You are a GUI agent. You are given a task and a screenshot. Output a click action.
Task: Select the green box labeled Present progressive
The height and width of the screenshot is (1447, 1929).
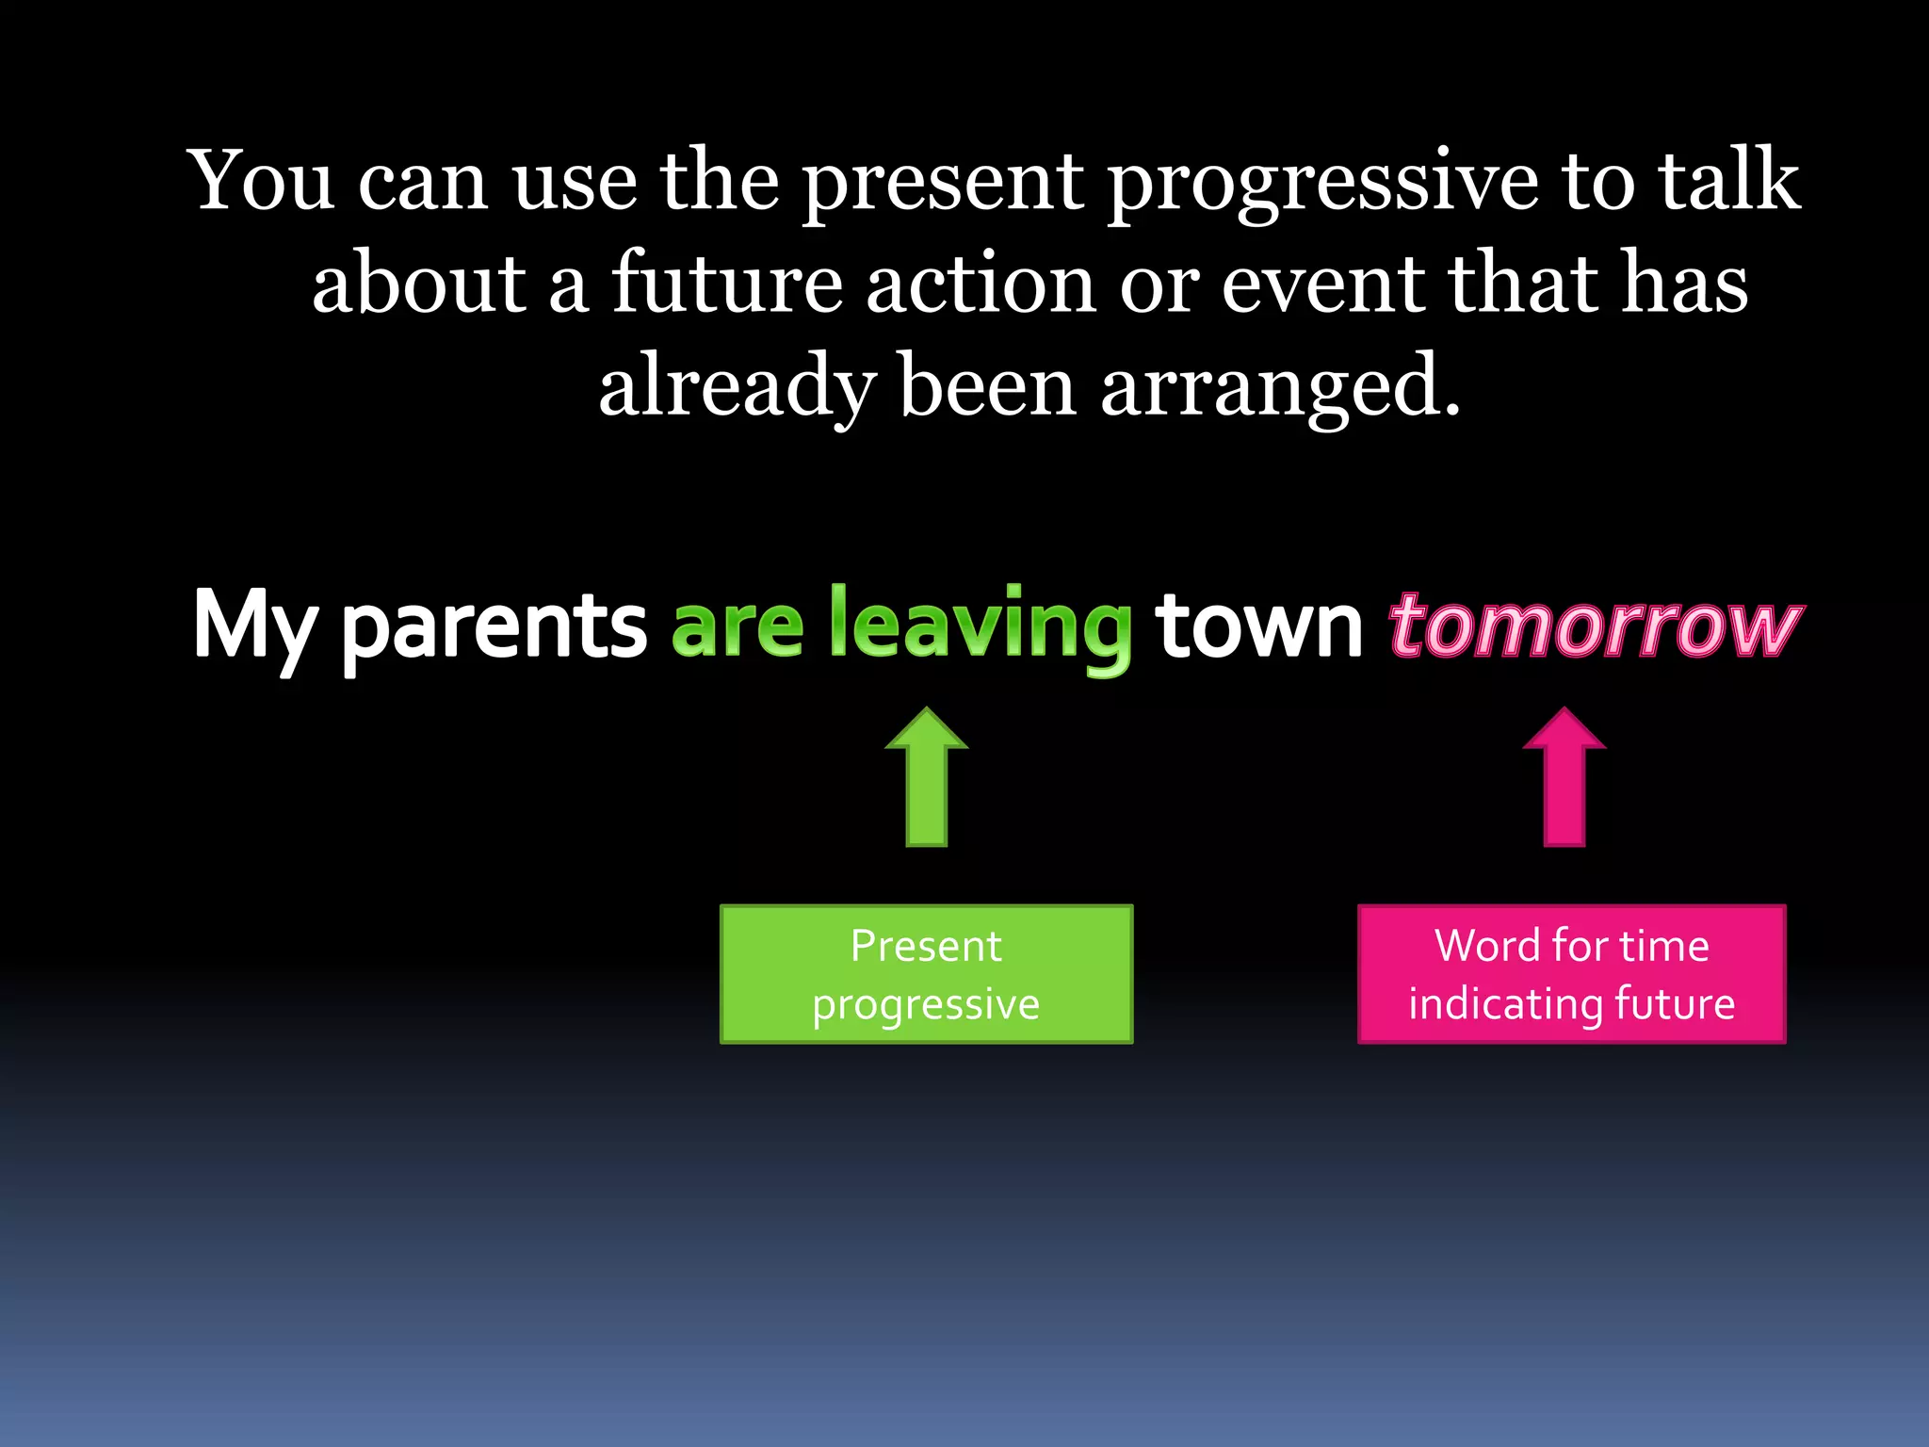pyautogui.click(x=926, y=974)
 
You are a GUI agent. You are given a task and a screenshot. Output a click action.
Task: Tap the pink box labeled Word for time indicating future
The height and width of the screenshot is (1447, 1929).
pyautogui.click(x=1571, y=974)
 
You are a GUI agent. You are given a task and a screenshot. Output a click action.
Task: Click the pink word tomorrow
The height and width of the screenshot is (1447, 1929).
pyautogui.click(x=1596, y=626)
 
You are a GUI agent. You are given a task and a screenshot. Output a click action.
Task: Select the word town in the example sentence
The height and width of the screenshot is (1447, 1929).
pyautogui.click(x=1259, y=626)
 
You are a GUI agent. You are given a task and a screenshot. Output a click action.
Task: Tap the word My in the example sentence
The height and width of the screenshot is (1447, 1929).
pyautogui.click(x=252, y=626)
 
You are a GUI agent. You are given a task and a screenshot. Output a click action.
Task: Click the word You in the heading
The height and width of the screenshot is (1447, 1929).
pyautogui.click(x=262, y=181)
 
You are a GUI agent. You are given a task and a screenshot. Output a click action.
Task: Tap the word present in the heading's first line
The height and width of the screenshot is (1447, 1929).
pyautogui.click(x=942, y=183)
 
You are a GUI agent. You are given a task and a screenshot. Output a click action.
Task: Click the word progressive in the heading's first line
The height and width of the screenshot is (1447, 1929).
pyautogui.click(x=1322, y=183)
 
